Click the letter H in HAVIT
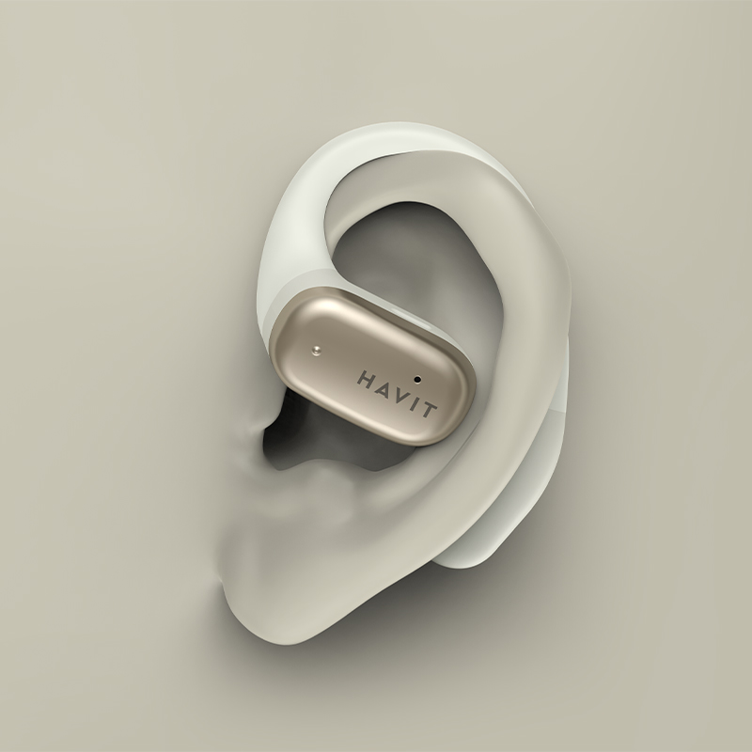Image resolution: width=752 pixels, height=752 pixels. pyautogui.click(x=366, y=378)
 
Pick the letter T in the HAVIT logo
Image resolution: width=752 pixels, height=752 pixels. pyautogui.click(x=428, y=409)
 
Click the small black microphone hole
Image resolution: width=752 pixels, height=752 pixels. pyautogui.click(x=417, y=380)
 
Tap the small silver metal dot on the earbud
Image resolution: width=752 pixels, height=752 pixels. pyautogui.click(x=316, y=351)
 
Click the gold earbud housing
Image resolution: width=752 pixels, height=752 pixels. pyautogui.click(x=372, y=367)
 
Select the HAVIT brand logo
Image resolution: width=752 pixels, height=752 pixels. pyautogui.click(x=397, y=394)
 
